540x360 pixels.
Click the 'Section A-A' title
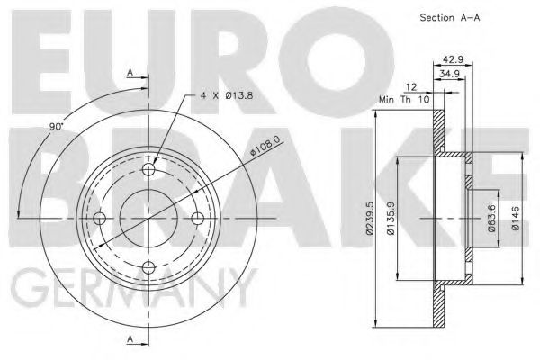446,18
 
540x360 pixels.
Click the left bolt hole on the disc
101,217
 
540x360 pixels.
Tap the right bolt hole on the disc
198,217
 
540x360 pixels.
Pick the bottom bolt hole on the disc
149,265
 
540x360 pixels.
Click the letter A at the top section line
130,72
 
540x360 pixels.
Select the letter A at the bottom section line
130,337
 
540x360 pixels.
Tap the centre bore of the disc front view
149,217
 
